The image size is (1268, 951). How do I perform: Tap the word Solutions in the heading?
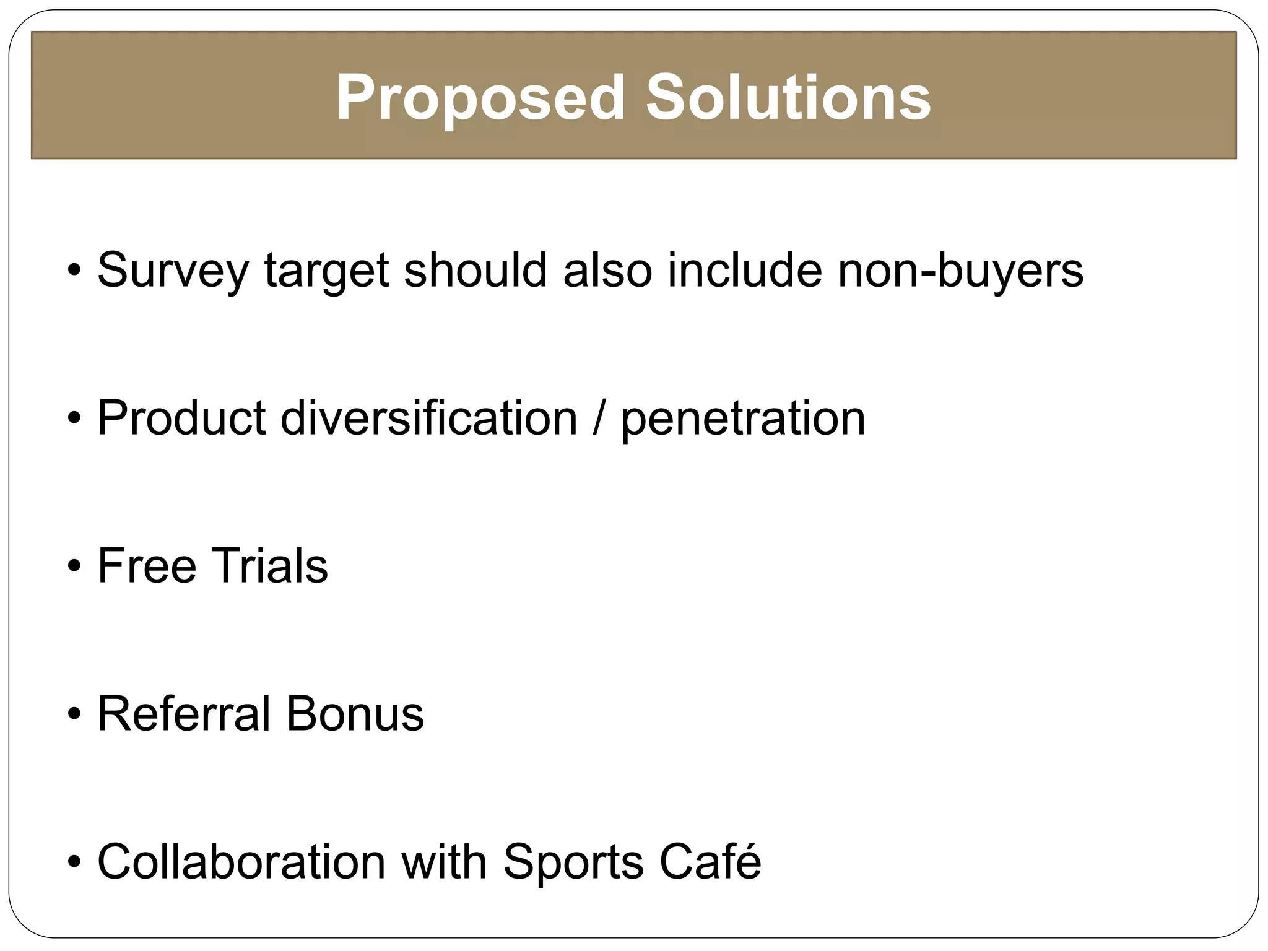pos(788,98)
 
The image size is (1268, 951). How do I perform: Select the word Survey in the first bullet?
pos(173,271)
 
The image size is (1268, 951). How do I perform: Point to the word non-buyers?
pos(960,270)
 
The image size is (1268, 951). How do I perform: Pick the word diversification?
pos(429,419)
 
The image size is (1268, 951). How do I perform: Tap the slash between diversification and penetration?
pos(599,419)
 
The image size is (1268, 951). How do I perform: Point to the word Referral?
pos(184,714)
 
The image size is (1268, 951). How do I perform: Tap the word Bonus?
pos(355,714)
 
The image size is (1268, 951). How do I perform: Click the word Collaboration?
pos(242,861)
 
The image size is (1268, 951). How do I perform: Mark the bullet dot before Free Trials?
pos(74,567)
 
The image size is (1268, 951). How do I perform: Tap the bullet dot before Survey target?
pos(74,271)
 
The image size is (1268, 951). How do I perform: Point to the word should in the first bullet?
pos(475,270)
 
